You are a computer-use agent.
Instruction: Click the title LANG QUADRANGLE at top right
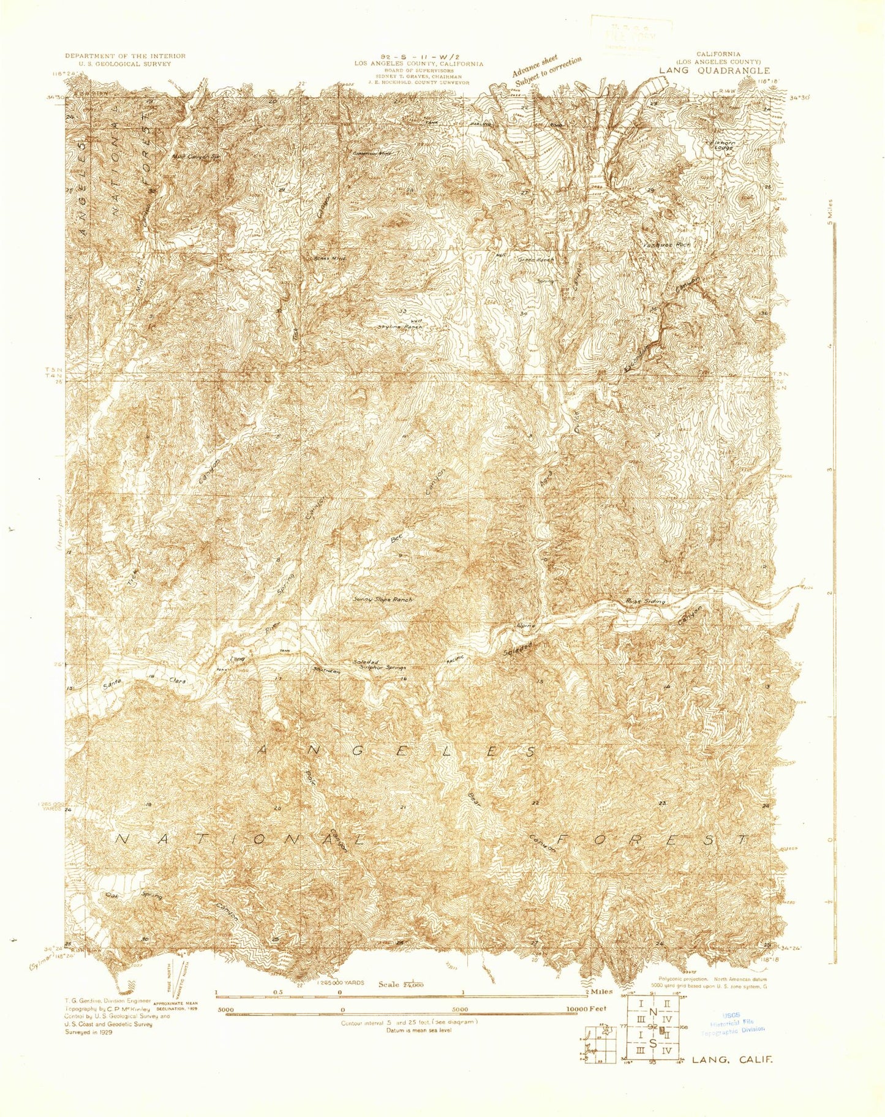pyautogui.click(x=714, y=70)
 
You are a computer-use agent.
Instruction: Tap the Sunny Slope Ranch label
pyautogui.click(x=383, y=600)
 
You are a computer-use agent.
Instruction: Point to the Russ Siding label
pyautogui.click(x=644, y=601)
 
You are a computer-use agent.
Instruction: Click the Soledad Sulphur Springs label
pyautogui.click(x=380, y=665)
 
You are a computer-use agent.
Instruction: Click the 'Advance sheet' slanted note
pyautogui.click(x=535, y=65)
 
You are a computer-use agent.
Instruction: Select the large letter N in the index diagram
pyautogui.click(x=653, y=1012)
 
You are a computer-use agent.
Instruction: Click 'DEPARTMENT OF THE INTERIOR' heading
pyautogui.click(x=125, y=56)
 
